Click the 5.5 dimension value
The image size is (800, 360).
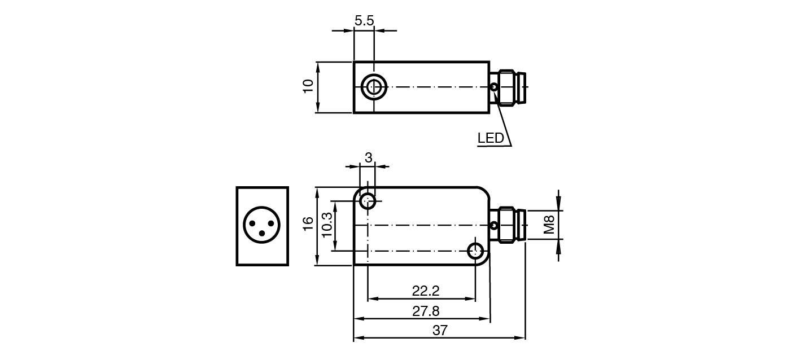[x=364, y=21]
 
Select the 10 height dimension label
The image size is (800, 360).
[x=308, y=86]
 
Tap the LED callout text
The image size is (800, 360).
[x=490, y=138]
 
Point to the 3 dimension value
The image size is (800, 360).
[x=368, y=158]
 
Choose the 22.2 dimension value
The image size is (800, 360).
[x=425, y=291]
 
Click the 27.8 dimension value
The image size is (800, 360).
[x=426, y=311]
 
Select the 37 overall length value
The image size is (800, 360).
[x=440, y=331]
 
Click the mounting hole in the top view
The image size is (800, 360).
[x=373, y=87]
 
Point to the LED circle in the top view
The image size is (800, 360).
[x=494, y=87]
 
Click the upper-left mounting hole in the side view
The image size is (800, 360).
[x=368, y=200]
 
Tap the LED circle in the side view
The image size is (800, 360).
[x=494, y=226]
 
